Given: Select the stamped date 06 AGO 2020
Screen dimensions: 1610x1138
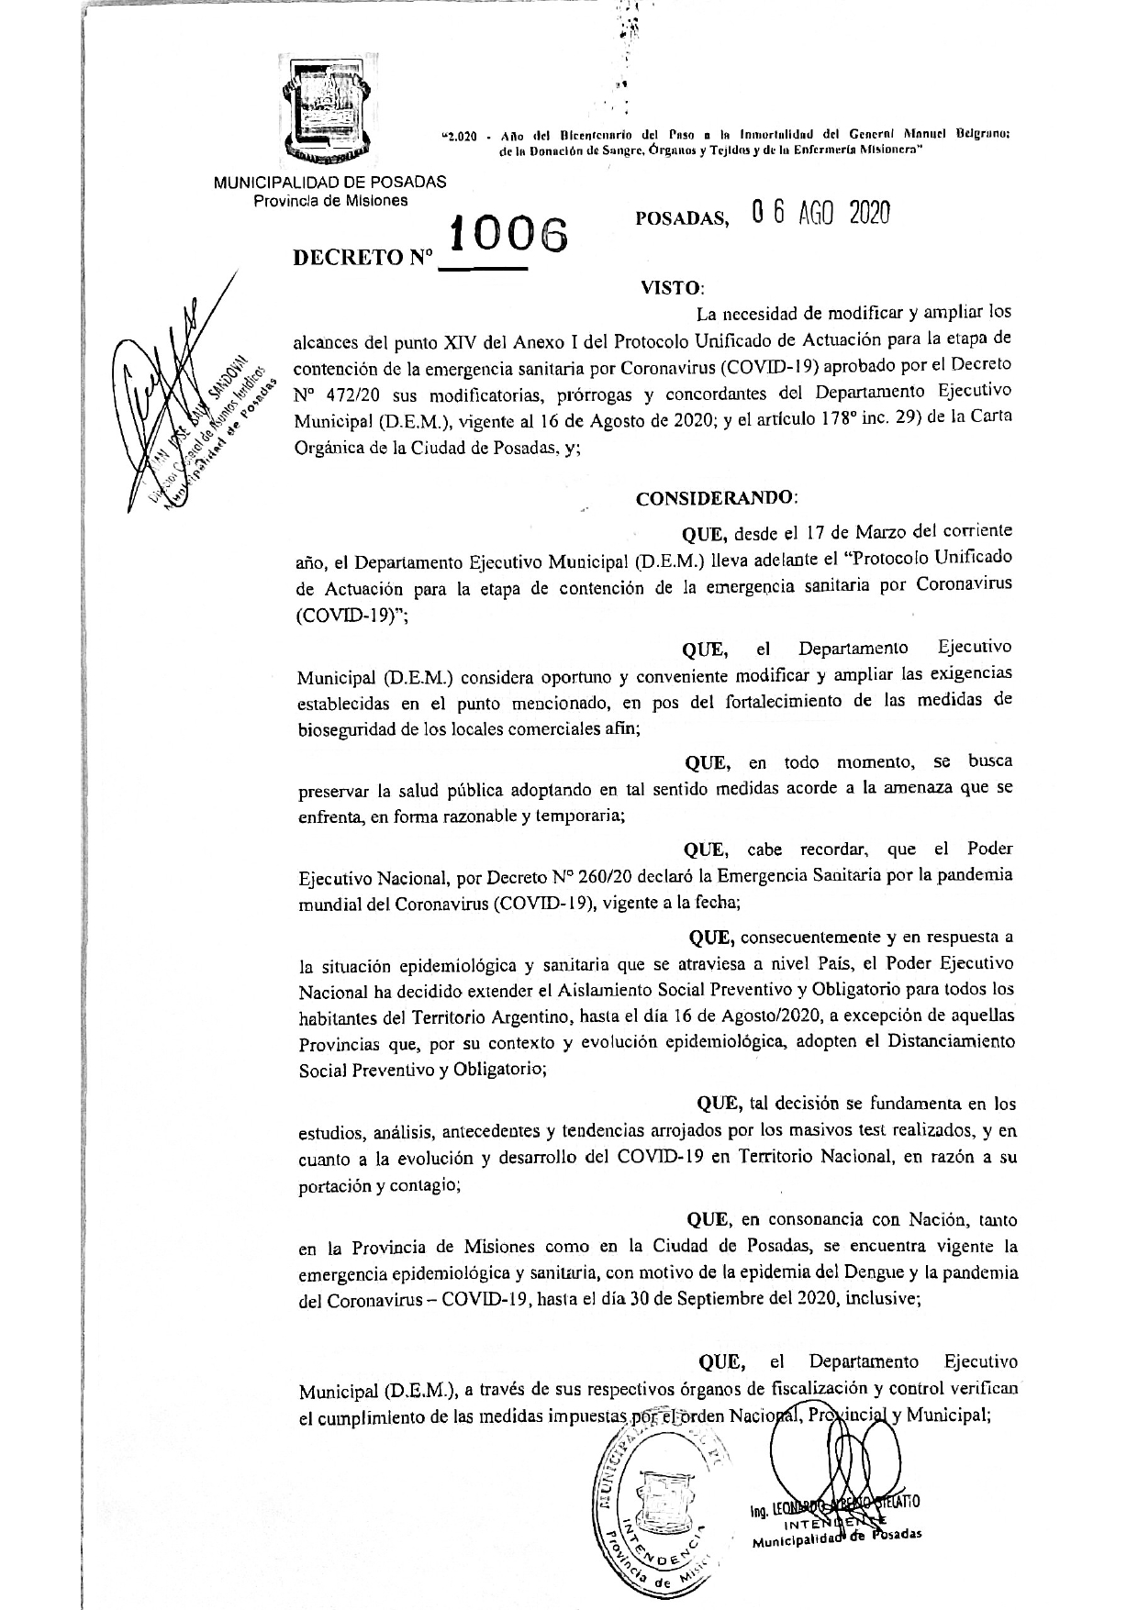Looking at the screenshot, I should [x=820, y=213].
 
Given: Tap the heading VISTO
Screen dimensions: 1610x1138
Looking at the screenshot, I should [x=671, y=287].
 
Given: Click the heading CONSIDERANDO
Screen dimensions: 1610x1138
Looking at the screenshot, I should [x=717, y=498].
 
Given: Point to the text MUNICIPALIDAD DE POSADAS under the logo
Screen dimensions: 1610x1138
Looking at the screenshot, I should [x=329, y=182].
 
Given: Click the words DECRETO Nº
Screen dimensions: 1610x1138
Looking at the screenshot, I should [x=363, y=259].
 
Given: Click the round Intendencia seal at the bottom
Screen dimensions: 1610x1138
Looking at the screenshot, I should [x=659, y=1509].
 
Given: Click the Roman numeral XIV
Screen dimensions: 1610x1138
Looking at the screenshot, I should [x=450, y=339].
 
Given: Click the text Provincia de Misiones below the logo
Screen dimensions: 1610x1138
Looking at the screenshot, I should [x=330, y=200].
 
